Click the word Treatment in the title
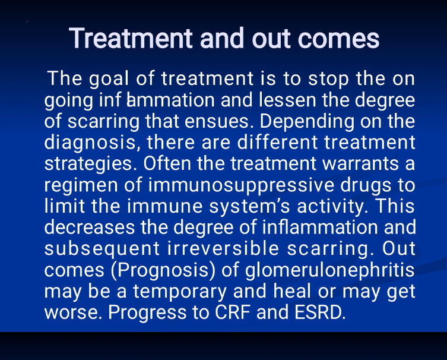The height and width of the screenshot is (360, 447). coord(131,39)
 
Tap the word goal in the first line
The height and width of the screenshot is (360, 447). coord(109,79)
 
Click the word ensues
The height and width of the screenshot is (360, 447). coord(218,122)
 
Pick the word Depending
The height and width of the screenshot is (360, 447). coord(306,122)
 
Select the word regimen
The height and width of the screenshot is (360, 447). coord(81,185)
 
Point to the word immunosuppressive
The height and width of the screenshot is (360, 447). coord(241,185)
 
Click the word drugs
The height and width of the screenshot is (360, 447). coord(366,185)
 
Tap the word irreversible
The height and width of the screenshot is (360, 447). coord(223,248)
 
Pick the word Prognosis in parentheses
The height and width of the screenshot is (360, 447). coord(163,270)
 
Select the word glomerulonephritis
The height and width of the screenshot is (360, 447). coord(330,270)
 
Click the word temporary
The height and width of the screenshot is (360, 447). coord(180,292)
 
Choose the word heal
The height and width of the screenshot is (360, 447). coord(292,291)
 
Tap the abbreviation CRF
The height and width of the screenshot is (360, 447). coord(232,312)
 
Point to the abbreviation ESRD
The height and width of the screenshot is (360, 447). coord(320,312)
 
